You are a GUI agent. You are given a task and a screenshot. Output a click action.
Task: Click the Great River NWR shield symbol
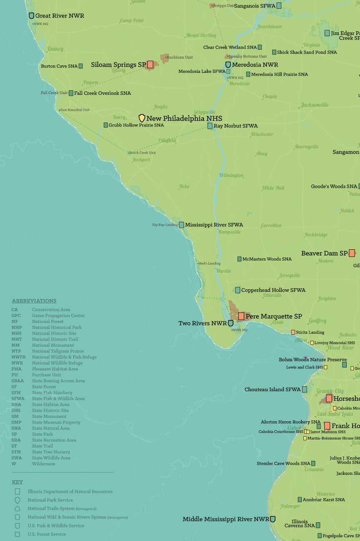click(31, 16)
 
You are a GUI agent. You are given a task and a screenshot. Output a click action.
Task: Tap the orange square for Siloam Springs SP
click(150, 65)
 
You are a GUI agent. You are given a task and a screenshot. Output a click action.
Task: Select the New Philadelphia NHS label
click(184, 119)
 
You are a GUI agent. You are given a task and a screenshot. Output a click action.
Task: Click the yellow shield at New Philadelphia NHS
click(142, 118)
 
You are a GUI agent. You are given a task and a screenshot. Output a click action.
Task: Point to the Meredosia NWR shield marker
click(228, 65)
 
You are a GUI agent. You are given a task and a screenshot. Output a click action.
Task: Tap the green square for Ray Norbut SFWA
click(210, 126)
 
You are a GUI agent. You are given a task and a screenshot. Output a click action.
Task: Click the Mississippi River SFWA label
click(214, 225)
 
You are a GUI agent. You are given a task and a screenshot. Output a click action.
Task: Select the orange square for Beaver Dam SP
click(352, 253)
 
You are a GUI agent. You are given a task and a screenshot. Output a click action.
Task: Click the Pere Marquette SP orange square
click(241, 316)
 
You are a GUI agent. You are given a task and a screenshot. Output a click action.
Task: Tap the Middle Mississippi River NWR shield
click(273, 519)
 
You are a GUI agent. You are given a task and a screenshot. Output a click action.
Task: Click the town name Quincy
click(55, 49)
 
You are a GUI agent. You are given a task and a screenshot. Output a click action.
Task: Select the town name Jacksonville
click(315, 105)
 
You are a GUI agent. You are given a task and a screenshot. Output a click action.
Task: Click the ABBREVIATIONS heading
click(34, 301)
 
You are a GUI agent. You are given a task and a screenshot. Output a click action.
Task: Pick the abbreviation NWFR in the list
click(19, 357)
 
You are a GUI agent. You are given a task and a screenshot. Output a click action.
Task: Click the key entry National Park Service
click(50, 500)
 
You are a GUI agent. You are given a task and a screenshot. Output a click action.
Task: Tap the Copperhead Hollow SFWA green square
click(238, 290)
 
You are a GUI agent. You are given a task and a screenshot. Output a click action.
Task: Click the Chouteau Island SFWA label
click(272, 390)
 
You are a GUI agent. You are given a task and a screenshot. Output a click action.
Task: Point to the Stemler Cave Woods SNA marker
click(313, 463)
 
